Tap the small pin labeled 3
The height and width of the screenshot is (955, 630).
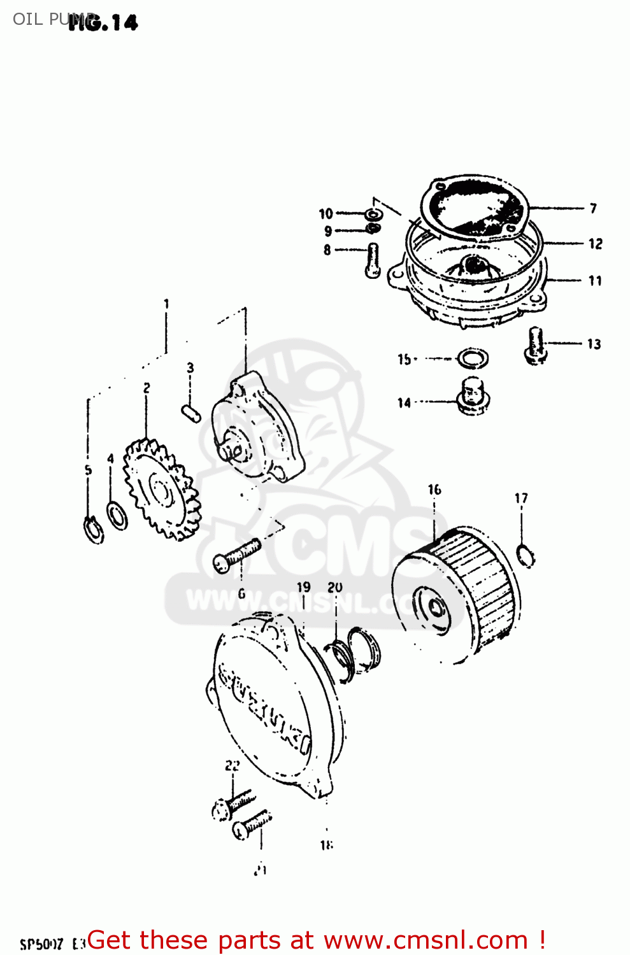point(191,412)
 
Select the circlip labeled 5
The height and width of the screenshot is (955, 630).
point(94,530)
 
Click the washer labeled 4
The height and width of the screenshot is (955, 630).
point(117,515)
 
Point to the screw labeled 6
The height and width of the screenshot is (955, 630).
point(236,555)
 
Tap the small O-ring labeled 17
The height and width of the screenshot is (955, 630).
point(526,555)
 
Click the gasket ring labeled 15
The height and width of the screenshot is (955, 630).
point(473,358)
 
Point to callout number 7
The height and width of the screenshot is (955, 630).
point(593,208)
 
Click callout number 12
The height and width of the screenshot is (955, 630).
point(595,244)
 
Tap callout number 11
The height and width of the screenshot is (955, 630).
point(595,281)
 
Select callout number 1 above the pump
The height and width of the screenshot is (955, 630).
point(166,304)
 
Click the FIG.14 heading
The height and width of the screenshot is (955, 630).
point(103,23)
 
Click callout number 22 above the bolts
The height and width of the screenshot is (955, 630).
point(232,765)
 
